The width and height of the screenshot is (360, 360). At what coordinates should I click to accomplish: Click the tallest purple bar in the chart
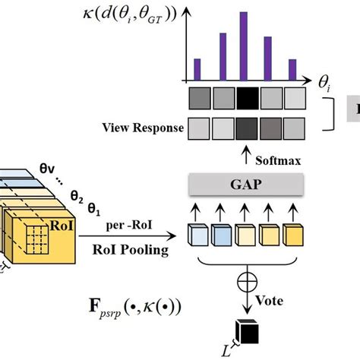(244, 46)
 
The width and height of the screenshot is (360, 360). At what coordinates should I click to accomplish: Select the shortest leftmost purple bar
(197, 69)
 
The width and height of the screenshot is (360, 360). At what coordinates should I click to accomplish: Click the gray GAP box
(245, 183)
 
